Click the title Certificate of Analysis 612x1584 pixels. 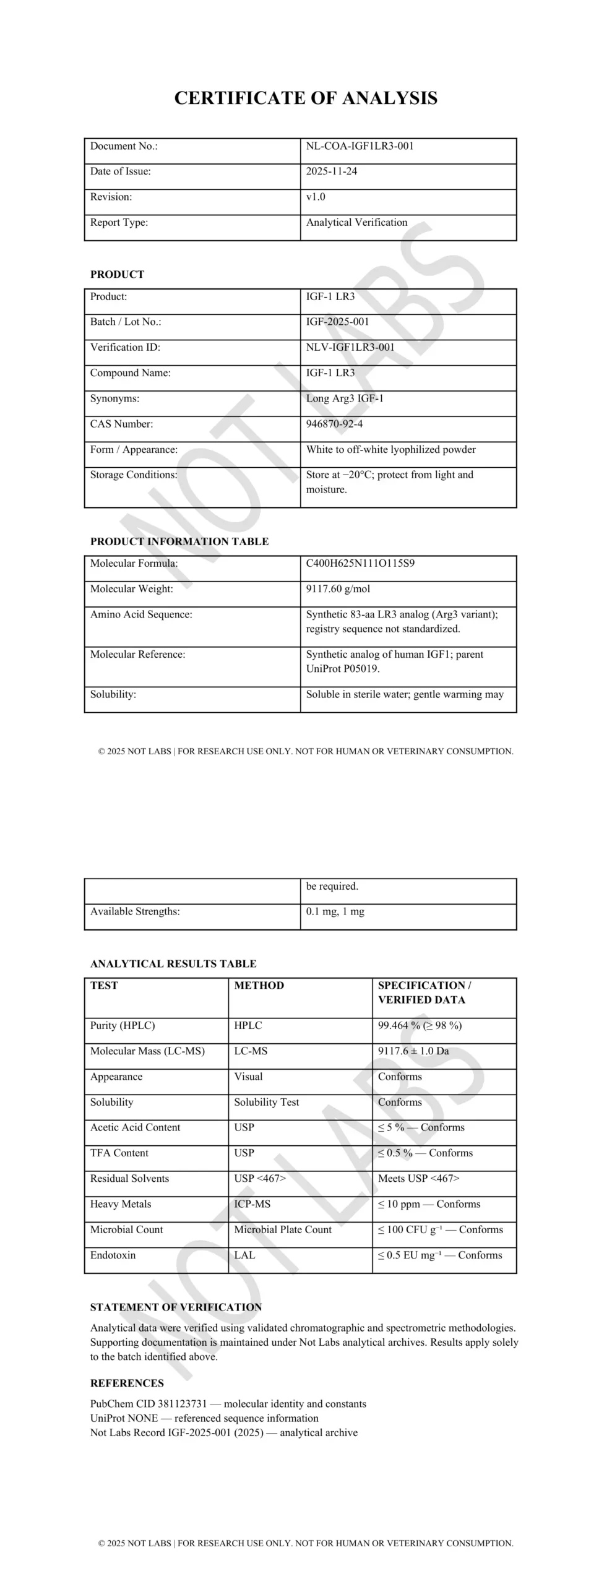click(306, 98)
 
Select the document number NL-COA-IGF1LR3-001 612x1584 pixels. click(360, 146)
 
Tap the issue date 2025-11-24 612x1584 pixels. click(331, 171)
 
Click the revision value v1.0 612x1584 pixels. click(316, 197)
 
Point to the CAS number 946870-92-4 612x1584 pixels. click(334, 424)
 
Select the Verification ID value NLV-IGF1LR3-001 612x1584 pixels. click(350, 347)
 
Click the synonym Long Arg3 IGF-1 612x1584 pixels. click(345, 398)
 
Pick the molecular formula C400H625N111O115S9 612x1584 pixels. click(360, 563)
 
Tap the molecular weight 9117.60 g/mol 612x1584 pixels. click(338, 589)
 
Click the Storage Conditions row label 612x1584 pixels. click(134, 475)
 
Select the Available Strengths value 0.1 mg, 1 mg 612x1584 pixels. click(335, 911)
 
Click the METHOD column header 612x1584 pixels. click(259, 986)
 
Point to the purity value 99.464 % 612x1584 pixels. click(399, 1025)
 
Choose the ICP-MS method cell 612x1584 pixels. click(252, 1204)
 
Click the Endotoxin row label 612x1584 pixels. click(113, 1255)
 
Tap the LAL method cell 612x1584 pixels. click(244, 1255)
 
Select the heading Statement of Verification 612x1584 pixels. click(176, 1307)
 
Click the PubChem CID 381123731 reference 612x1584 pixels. click(149, 1404)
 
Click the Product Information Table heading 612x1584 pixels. click(179, 541)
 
